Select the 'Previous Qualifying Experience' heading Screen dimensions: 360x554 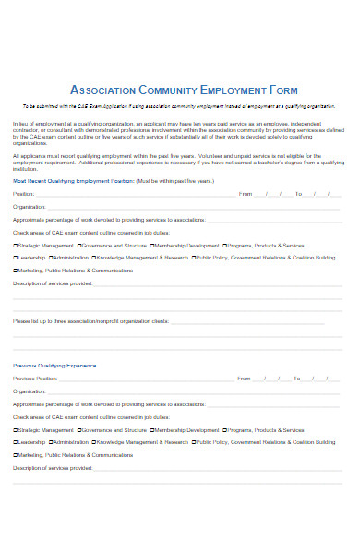(x=54, y=366)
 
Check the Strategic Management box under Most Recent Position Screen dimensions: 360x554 (x=15, y=246)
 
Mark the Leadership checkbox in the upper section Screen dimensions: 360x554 (x=15, y=258)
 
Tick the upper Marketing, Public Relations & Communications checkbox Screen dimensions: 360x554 (x=15, y=271)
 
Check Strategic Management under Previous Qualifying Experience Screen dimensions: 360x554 (x=15, y=429)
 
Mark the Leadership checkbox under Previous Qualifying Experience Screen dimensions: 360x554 (x=15, y=441)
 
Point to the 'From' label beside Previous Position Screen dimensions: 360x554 (x=244, y=379)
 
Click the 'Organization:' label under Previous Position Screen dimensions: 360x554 (x=29, y=391)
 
